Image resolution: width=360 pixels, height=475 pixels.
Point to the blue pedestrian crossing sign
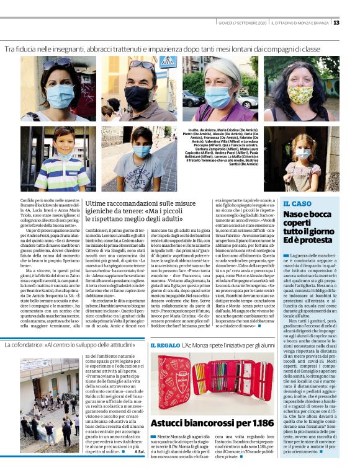click(167, 61)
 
